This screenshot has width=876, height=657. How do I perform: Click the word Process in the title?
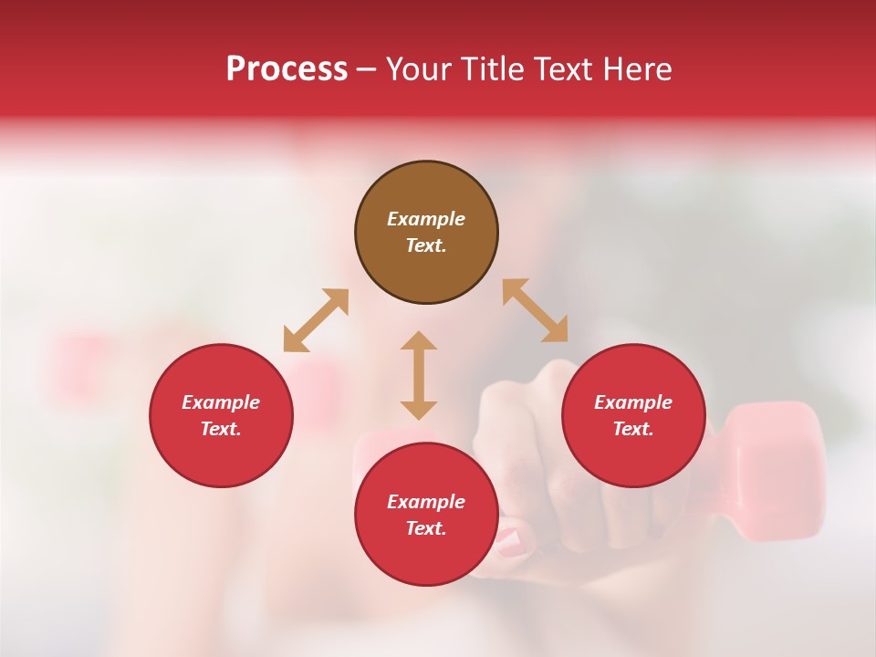pyautogui.click(x=287, y=69)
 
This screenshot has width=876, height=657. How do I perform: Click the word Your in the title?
pyautogui.click(x=419, y=69)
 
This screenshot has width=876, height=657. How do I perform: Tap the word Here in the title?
pyautogui.click(x=639, y=69)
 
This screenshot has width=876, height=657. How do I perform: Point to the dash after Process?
pyautogui.click(x=366, y=70)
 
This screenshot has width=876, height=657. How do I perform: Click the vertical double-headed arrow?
pyautogui.click(x=419, y=375)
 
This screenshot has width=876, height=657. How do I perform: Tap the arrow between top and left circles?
pyautogui.click(x=316, y=320)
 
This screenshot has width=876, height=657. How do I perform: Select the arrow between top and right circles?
pyautogui.click(x=535, y=310)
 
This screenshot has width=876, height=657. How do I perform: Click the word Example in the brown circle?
pyautogui.click(x=426, y=219)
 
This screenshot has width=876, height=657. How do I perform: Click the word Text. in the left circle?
pyautogui.click(x=221, y=429)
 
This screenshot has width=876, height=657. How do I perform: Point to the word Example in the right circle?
pyautogui.click(x=633, y=402)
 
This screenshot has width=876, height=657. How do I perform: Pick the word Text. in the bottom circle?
pyautogui.click(x=426, y=528)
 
